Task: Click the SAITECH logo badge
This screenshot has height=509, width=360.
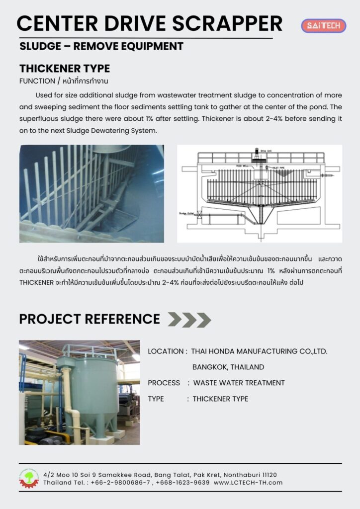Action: pos(323,25)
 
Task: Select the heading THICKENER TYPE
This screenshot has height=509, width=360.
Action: pos(65,69)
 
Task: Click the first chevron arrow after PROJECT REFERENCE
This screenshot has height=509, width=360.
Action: pos(175,320)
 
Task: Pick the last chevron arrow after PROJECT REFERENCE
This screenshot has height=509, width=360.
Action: pos(203,320)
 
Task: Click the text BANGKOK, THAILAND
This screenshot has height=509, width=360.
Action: pos(228,367)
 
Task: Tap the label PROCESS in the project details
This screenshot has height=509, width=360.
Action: pos(164,383)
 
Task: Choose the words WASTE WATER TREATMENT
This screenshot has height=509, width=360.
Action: pos(239,383)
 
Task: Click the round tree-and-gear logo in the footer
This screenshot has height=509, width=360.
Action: pos(29,478)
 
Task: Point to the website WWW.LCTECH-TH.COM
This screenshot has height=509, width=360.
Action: pos(248,483)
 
